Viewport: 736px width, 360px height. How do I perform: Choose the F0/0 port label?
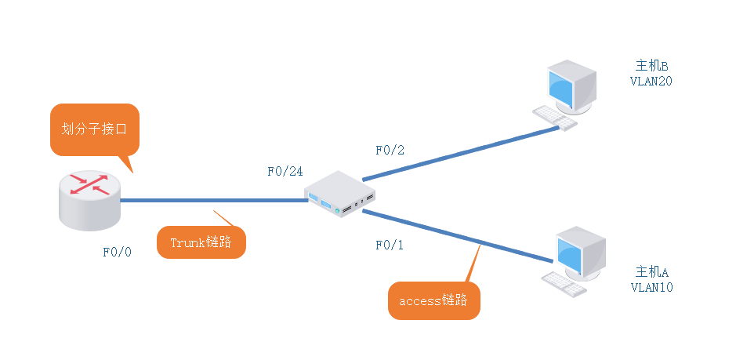pos(118,252)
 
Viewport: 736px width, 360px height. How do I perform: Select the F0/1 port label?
pos(388,245)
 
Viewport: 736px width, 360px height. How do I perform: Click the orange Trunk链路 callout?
pos(201,242)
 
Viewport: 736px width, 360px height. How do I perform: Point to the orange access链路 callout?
pos(433,300)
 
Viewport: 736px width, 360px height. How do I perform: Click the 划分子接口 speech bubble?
pos(95,129)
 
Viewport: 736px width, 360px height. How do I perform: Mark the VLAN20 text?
pos(651,80)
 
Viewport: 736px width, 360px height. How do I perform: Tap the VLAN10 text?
pos(651,287)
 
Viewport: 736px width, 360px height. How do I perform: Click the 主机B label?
pos(651,65)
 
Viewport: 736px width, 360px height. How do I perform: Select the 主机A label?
pos(651,272)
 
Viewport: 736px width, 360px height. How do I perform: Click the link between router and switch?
pos(212,200)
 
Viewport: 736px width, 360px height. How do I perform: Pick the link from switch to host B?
pos(462,153)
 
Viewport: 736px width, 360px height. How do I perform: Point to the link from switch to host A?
pos(455,235)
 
